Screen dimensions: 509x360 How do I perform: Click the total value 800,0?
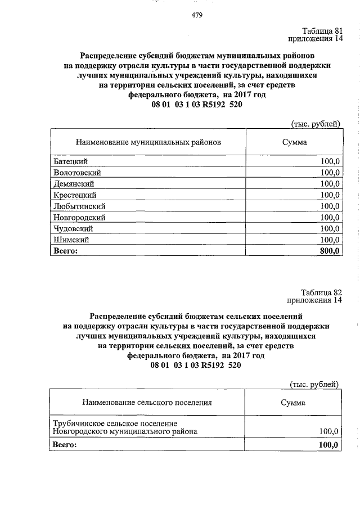pos(330,251)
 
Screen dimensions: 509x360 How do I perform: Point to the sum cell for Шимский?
pos(330,240)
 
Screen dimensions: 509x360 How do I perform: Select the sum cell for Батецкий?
pos(330,161)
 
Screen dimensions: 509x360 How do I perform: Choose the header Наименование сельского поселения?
pos(147,403)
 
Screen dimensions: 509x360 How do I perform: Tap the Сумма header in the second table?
pos(293,403)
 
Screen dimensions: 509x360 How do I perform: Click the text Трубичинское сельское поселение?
pos(115,423)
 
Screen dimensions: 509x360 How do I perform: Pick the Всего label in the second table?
pos(64,445)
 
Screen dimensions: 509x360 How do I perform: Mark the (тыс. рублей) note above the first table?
pos(315,124)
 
